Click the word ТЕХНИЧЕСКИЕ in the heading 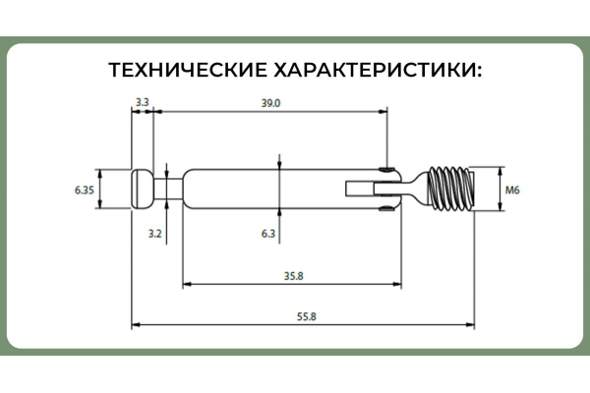point(188,70)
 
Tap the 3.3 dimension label point(143,102)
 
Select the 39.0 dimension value point(271,103)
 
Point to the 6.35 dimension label point(85,190)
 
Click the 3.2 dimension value point(154,234)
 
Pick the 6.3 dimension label point(268,234)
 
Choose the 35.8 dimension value point(293,276)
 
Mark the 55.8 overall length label point(307,316)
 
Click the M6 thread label point(512,190)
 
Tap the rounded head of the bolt point(143,189)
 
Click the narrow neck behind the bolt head point(168,189)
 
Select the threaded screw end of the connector point(450,189)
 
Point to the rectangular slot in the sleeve point(360,189)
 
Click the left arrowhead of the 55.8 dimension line point(136,324)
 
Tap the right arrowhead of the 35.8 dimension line point(397,284)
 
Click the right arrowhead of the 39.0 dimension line point(383,111)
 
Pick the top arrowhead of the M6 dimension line point(501,172)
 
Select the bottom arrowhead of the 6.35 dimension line point(100,203)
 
